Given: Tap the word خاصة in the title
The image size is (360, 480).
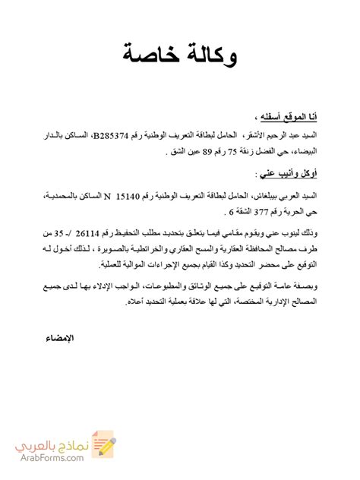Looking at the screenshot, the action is coord(151,55).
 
